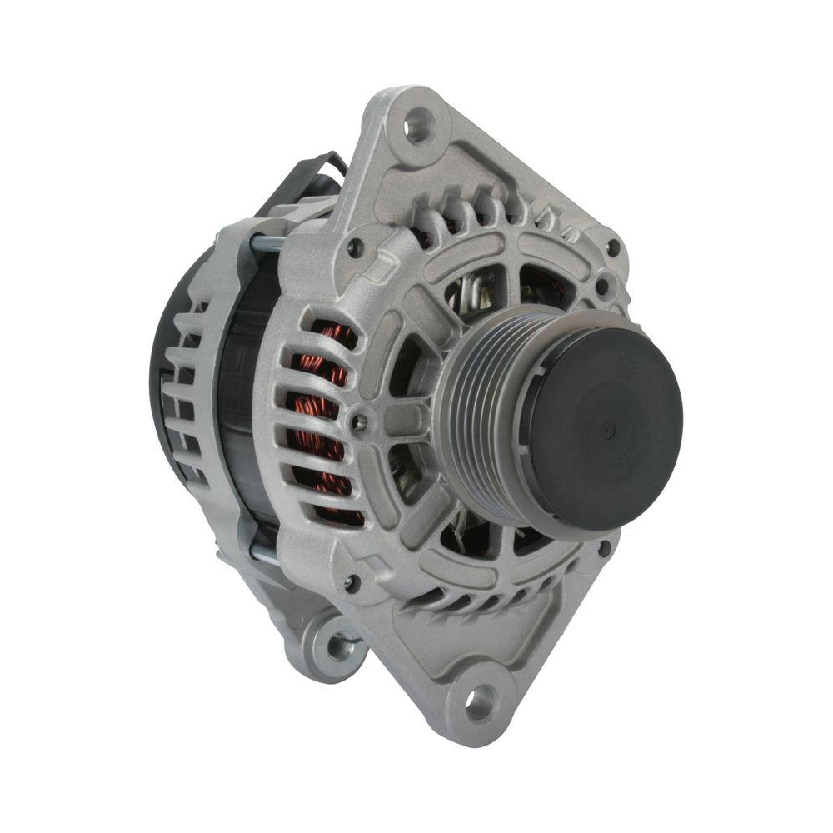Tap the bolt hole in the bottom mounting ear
tap(480, 704)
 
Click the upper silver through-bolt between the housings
tap(268, 244)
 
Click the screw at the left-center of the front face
tap(360, 422)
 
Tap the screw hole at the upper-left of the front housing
tap(356, 247)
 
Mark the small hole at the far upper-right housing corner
tap(614, 247)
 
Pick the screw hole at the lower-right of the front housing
tap(604, 548)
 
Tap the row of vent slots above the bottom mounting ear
tap(475, 600)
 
